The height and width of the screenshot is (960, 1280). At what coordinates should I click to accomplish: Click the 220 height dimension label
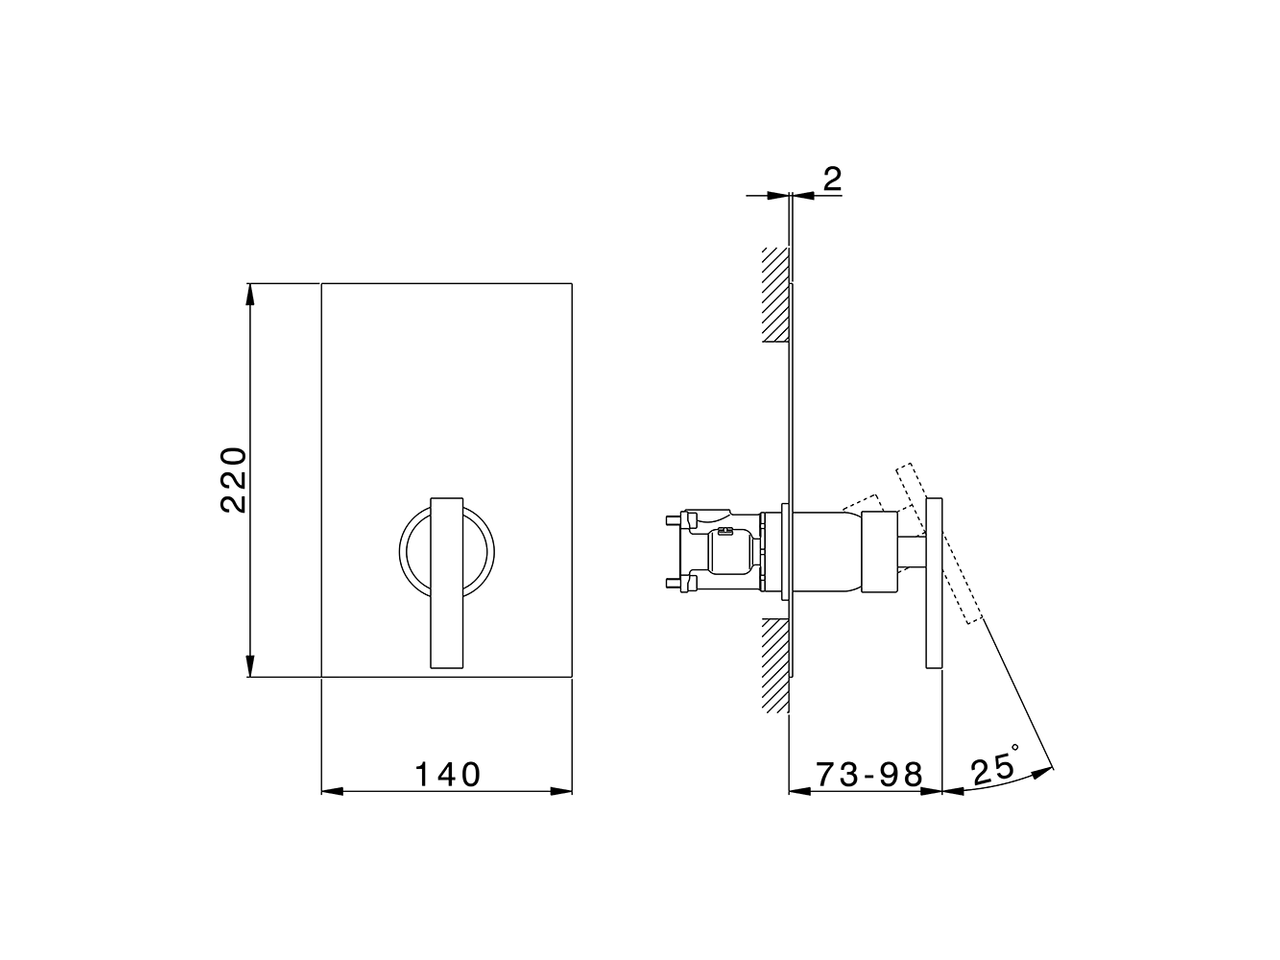tap(233, 480)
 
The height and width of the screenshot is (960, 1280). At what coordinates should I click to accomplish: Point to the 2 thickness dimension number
tap(832, 180)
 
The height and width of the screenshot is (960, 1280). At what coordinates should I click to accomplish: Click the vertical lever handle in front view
tap(446, 580)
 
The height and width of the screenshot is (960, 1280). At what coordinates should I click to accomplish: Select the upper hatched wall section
tap(774, 295)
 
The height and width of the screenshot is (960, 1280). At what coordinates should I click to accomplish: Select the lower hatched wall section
tap(774, 665)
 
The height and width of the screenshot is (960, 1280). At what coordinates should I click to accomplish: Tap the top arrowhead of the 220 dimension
tap(249, 293)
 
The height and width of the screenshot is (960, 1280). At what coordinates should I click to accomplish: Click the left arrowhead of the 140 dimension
tap(331, 791)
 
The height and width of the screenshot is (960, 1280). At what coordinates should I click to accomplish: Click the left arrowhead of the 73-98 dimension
tap(799, 791)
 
